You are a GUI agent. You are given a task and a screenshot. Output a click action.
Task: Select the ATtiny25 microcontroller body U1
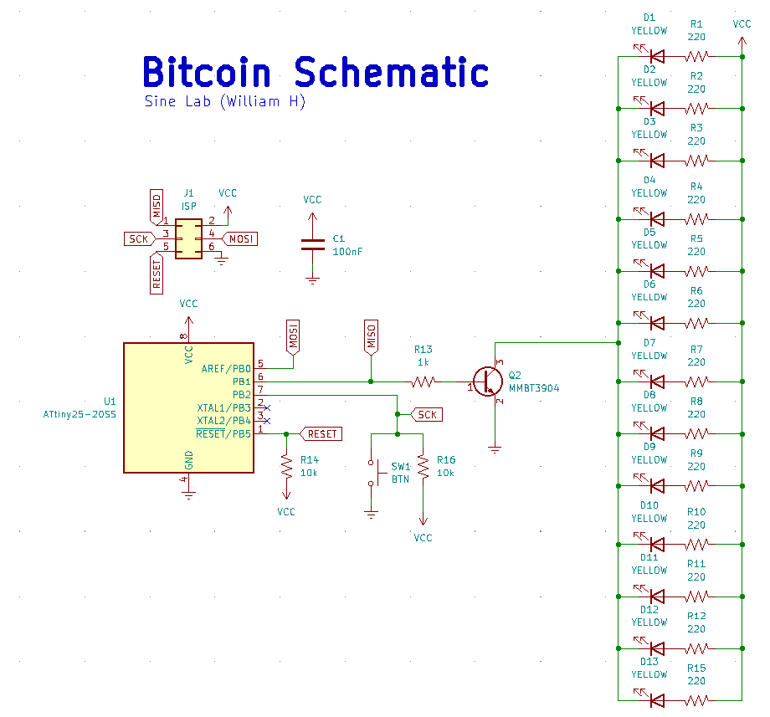tap(188, 407)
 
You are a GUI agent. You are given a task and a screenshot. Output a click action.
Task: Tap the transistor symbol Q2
tap(485, 382)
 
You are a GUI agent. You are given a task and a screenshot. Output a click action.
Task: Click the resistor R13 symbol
tap(423, 382)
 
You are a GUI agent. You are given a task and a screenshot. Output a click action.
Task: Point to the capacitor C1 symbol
tap(312, 243)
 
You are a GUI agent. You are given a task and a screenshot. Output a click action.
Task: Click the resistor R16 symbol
tap(423, 468)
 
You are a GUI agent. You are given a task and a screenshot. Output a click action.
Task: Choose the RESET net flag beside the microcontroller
tap(321, 433)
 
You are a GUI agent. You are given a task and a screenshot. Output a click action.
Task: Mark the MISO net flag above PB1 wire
tap(371, 335)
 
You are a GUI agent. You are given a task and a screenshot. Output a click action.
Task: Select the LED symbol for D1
tap(656, 57)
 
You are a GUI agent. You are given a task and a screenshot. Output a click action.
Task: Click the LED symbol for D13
tap(656, 700)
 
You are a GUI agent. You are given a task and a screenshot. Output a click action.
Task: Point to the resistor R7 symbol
tap(696, 382)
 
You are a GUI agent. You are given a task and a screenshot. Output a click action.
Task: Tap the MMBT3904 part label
tap(534, 388)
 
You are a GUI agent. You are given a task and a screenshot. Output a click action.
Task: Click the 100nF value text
tap(347, 251)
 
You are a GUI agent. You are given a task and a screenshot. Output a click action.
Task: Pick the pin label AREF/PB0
tap(226, 368)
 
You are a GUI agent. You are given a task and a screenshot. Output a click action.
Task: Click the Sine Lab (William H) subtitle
tap(225, 101)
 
